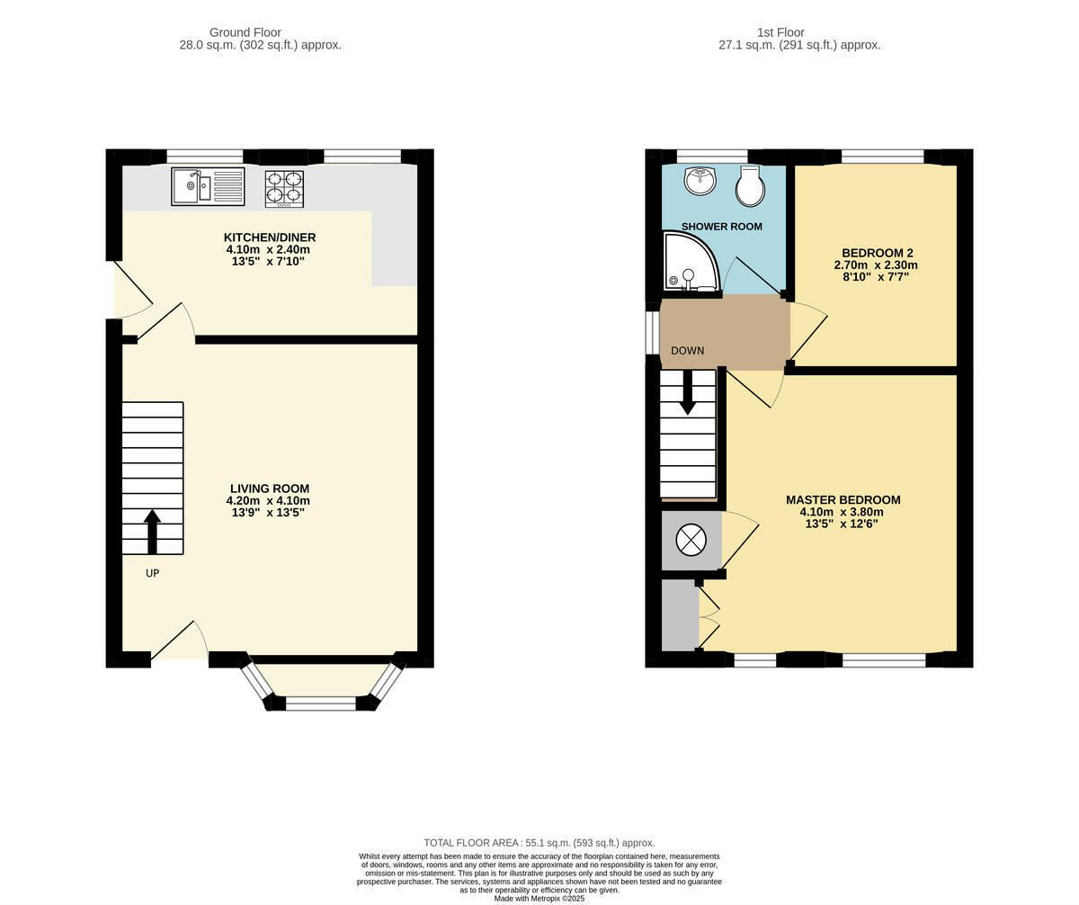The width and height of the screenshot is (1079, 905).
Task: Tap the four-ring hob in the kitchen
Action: pyautogui.click(x=284, y=188)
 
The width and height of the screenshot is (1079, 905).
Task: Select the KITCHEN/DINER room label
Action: pyautogui.click(x=270, y=237)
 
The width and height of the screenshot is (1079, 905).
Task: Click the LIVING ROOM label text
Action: pyautogui.click(x=270, y=488)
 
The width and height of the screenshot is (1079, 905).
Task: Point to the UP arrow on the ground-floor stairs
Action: pyautogui.click(x=152, y=531)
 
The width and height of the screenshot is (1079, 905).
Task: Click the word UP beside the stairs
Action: pyautogui.click(x=152, y=573)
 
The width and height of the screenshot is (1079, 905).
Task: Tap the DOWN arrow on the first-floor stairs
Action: pyautogui.click(x=688, y=392)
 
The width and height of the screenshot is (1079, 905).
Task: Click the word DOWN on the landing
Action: pyautogui.click(x=687, y=351)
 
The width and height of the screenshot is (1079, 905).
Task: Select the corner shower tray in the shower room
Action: pyautogui.click(x=689, y=263)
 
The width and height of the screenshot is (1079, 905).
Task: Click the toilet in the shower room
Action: pyautogui.click(x=750, y=186)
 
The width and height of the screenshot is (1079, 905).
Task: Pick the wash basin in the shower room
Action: pyautogui.click(x=700, y=180)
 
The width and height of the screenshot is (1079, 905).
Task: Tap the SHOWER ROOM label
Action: pyautogui.click(x=721, y=227)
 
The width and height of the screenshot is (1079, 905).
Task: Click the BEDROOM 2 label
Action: pyautogui.click(x=877, y=253)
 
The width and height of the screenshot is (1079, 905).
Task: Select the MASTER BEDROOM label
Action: pyautogui.click(x=843, y=500)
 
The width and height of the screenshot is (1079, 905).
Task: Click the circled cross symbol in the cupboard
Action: pyautogui.click(x=691, y=540)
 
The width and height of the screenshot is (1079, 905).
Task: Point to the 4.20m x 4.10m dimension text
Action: pyautogui.click(x=270, y=501)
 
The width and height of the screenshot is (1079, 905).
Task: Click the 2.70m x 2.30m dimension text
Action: pyautogui.click(x=877, y=265)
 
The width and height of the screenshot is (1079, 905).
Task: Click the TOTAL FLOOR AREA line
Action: pyautogui.click(x=539, y=843)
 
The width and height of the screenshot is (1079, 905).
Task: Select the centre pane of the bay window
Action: pyautogui.click(x=321, y=703)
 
